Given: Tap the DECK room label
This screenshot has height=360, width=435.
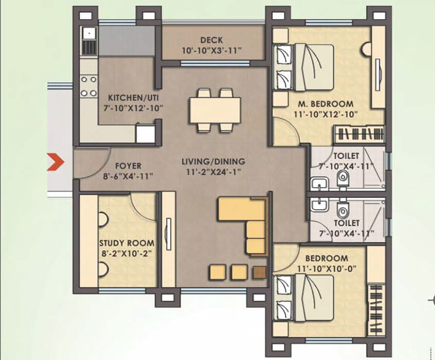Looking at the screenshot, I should pos(211,40).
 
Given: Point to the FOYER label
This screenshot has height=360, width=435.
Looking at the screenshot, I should pos(128,166).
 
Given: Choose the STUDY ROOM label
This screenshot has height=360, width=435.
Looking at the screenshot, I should pos(127,243).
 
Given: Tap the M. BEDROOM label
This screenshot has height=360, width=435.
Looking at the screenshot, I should pos(323,104).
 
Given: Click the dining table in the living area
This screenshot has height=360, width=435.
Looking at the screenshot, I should pos(215,110).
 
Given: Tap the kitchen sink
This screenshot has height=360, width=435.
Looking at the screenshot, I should pos(89,40).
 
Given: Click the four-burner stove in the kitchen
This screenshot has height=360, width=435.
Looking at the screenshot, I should pos(89,86).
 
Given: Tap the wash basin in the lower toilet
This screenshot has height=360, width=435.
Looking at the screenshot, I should pos(318,205).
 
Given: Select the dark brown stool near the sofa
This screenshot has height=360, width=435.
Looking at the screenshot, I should pos(259,272).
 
